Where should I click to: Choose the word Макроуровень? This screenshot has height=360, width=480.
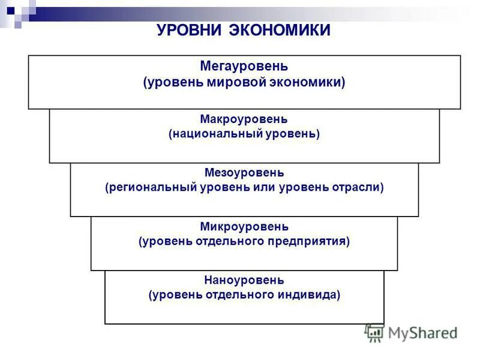point(244,119)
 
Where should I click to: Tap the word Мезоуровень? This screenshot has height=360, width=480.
point(244,173)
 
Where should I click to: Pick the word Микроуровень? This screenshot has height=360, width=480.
point(244,227)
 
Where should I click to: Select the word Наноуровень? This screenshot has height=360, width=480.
point(244,280)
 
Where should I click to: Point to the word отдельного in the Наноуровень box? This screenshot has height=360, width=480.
point(236,295)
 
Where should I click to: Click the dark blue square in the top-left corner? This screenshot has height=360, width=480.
point(11,10)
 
